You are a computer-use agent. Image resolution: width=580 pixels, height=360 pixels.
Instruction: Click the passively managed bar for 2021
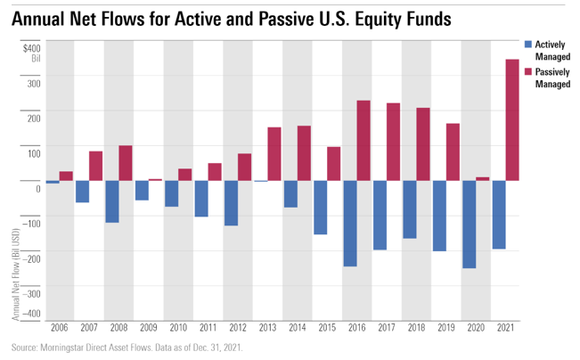[512, 119]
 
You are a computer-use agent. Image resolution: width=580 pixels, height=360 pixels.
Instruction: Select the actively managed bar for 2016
[350, 223]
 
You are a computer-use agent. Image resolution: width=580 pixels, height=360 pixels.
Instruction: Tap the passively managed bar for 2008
[126, 162]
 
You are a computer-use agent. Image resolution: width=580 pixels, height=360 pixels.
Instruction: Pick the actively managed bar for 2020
[470, 224]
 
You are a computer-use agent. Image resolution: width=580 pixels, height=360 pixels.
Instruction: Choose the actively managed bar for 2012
[231, 202]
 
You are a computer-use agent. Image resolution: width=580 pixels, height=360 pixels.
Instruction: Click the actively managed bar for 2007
[82, 191]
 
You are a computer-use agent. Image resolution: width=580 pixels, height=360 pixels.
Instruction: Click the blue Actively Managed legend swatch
[527, 44]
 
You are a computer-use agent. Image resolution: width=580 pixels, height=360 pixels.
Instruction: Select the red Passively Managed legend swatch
[527, 70]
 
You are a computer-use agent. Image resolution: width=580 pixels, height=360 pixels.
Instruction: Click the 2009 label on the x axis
[149, 328]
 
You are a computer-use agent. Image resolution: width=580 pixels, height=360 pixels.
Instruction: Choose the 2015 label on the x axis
[327, 328]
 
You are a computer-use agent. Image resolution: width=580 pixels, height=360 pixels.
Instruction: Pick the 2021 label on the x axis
[505, 328]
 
